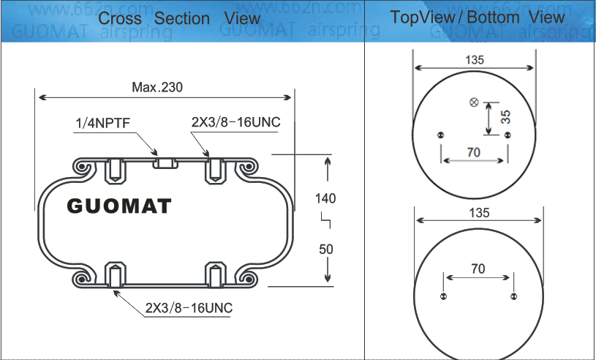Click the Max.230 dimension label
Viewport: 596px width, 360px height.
click(x=157, y=87)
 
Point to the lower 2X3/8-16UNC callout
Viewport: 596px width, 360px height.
click(x=189, y=308)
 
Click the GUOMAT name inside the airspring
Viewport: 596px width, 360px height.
click(x=119, y=206)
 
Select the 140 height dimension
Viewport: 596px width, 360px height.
click(x=325, y=198)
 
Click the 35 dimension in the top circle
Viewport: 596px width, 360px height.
click(x=505, y=116)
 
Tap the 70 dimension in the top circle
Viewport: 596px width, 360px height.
click(x=473, y=152)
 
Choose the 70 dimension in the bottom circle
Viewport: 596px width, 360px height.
click(x=478, y=269)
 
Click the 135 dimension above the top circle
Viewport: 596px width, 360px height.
click(x=474, y=61)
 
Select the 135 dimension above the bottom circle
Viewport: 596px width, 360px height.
click(x=478, y=213)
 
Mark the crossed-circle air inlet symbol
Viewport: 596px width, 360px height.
click(x=473, y=102)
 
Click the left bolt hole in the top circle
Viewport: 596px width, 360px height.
click(x=440, y=135)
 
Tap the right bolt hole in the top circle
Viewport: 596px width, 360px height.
click(x=508, y=135)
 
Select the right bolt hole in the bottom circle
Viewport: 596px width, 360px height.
click(x=514, y=296)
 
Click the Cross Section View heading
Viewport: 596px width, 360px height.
click(x=179, y=18)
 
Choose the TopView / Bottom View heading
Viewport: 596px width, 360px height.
click(x=478, y=18)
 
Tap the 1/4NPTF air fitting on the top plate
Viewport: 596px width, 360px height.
click(x=166, y=162)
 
